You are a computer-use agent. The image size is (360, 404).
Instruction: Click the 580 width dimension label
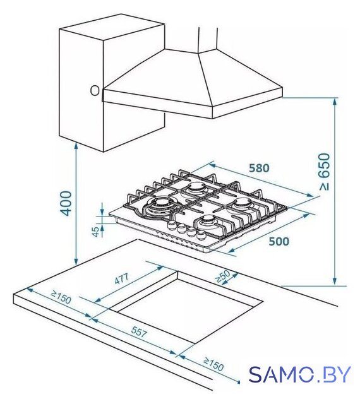259,169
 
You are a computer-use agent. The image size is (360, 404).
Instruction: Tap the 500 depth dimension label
279,241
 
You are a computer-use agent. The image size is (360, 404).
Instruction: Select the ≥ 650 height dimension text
324,172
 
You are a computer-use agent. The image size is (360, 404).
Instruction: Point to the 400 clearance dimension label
66,203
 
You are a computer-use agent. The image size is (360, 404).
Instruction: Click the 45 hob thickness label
95,232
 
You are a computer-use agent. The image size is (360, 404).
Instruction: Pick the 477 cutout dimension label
121,278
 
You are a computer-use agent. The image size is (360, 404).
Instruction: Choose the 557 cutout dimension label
139,331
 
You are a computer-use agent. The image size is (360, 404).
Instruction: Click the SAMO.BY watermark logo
299,374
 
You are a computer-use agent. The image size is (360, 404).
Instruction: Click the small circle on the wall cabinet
95,90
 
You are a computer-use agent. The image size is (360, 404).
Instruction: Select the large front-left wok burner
162,205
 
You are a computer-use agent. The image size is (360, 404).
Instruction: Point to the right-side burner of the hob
242,203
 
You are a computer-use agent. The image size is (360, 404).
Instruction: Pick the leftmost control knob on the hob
171,225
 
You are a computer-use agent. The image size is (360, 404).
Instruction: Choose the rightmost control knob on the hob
201,235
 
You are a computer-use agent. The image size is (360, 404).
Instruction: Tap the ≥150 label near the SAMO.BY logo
213,364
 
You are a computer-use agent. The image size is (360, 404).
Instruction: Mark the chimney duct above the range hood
208,39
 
